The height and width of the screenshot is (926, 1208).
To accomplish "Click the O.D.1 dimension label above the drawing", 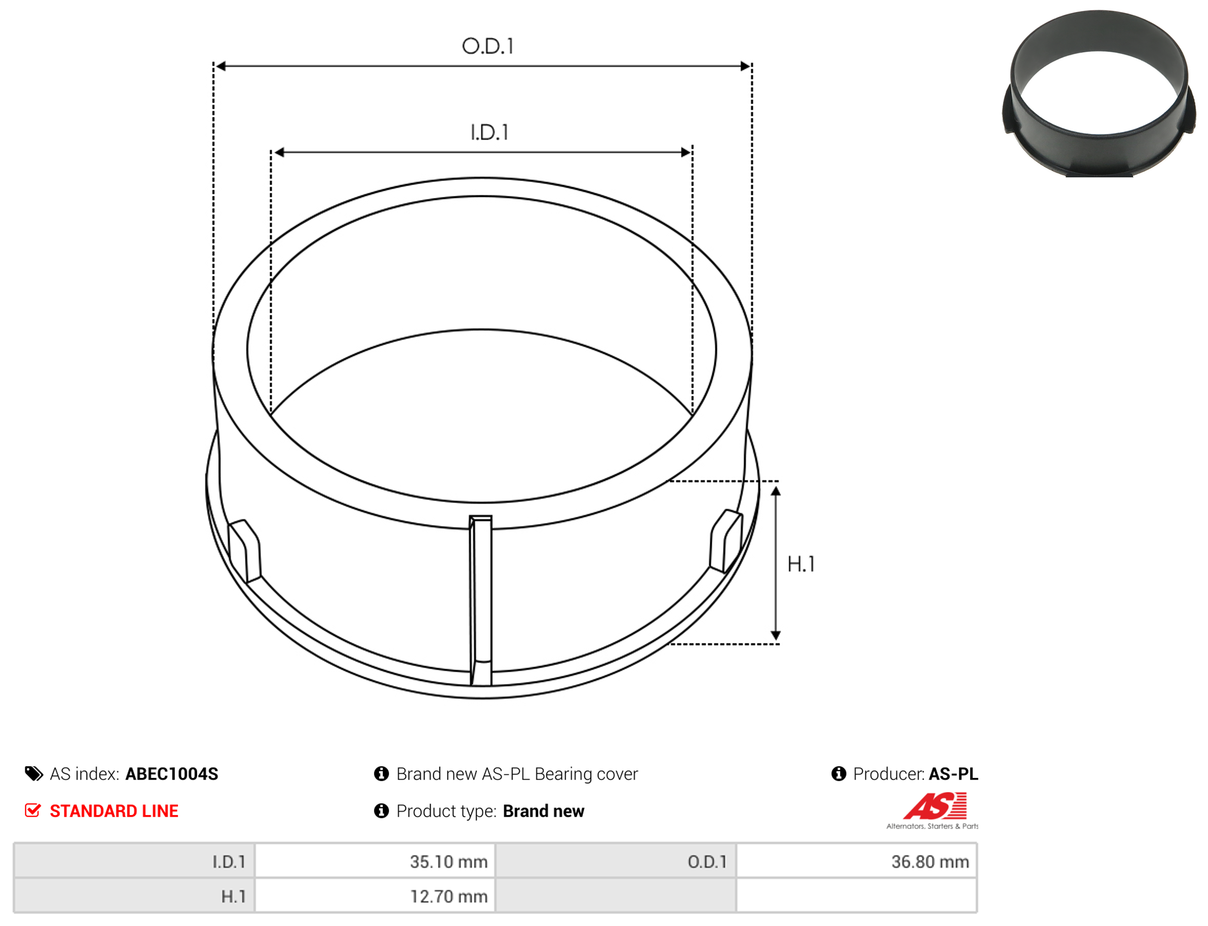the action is (x=487, y=46).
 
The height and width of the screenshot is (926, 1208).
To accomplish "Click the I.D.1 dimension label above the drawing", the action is (x=489, y=133).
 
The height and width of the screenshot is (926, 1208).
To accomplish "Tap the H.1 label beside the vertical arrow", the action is (x=801, y=564).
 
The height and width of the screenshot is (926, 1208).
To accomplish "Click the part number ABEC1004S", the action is (x=171, y=774).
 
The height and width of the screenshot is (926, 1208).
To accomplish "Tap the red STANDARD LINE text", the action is (x=114, y=811).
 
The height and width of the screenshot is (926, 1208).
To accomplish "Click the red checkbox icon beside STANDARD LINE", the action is (x=33, y=811).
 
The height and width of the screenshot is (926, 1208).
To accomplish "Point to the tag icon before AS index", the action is (x=34, y=774).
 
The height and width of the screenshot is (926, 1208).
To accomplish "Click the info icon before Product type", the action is (x=381, y=811).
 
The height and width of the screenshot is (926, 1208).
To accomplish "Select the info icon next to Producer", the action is (x=839, y=774).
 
